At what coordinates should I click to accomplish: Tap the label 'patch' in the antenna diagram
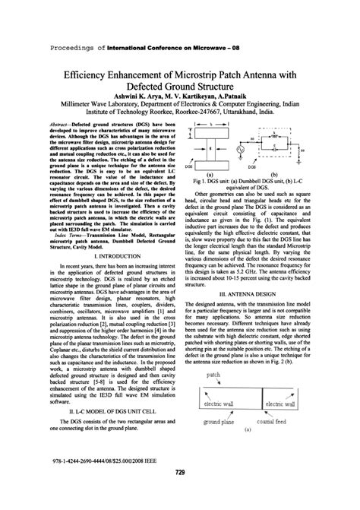(213, 375)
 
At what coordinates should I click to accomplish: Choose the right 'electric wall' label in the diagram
(285, 404)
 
